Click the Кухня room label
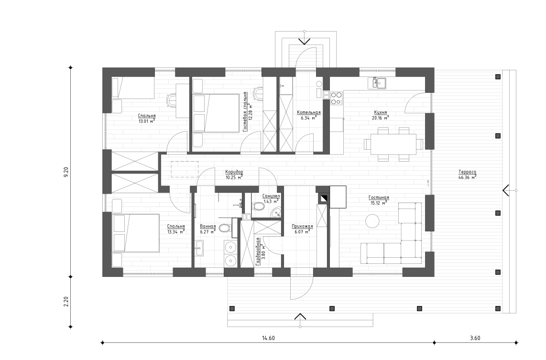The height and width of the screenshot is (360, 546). pyautogui.click(x=381, y=113)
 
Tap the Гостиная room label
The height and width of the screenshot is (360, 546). pyautogui.click(x=378, y=197)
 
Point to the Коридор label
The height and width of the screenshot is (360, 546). pyautogui.click(x=234, y=172)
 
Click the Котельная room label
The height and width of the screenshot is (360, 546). pyautogui.click(x=308, y=113)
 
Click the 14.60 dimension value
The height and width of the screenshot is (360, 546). pyautogui.click(x=268, y=338)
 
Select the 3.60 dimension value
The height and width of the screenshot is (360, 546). pyautogui.click(x=475, y=338)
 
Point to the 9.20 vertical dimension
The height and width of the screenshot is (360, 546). pyautogui.click(x=66, y=172)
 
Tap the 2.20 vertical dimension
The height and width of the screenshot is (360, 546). pyautogui.click(x=66, y=302)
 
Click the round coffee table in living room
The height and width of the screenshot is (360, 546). pyautogui.click(x=372, y=221)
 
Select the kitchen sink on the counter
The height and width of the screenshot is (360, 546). pyautogui.click(x=377, y=84)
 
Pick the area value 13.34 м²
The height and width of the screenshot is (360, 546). pyautogui.click(x=176, y=232)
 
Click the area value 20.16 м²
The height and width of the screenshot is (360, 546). pyautogui.click(x=381, y=118)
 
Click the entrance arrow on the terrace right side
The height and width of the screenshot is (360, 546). pyautogui.click(x=506, y=190)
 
